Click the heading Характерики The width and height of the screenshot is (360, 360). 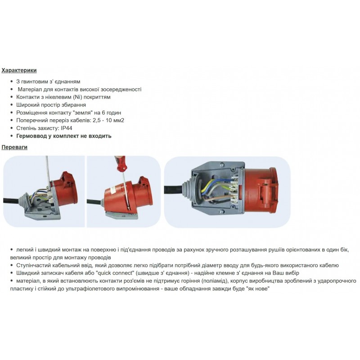[19, 70]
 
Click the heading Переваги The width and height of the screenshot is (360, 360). [14, 147]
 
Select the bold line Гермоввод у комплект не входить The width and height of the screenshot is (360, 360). [63, 136]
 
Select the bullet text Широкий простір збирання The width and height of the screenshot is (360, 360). [51, 105]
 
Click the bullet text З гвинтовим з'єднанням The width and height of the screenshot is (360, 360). [48, 81]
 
